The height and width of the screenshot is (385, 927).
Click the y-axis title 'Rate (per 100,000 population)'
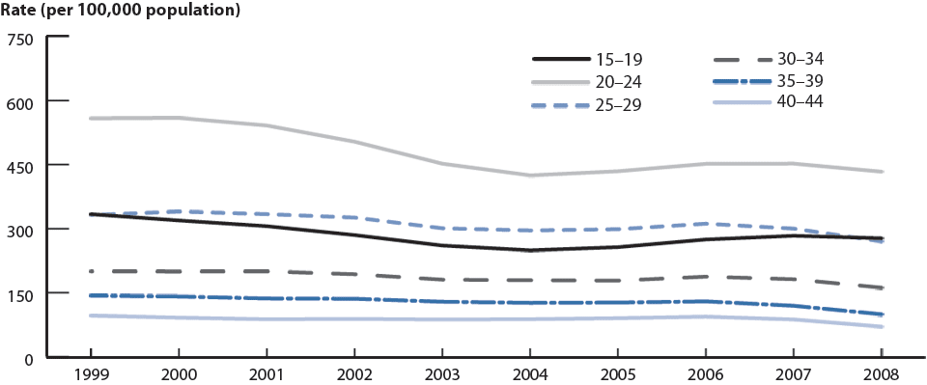coord(120,12)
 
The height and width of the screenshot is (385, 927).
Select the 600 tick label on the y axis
coord(20,101)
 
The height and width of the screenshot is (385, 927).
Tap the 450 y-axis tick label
coord(20,166)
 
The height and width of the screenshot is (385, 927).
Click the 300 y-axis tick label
coord(20,230)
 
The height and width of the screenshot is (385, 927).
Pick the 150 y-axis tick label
coord(20,294)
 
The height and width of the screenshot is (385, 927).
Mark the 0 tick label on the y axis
coord(28,358)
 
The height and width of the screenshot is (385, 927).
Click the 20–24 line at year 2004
coord(529,176)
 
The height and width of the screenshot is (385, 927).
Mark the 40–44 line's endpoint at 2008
coord(882,327)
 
